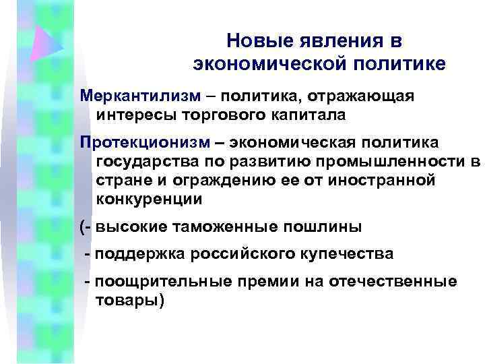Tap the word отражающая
pyautogui.click(x=366, y=96)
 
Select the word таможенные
pyautogui.click(x=236, y=227)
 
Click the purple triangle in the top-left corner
pyautogui.click(x=47, y=42)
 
